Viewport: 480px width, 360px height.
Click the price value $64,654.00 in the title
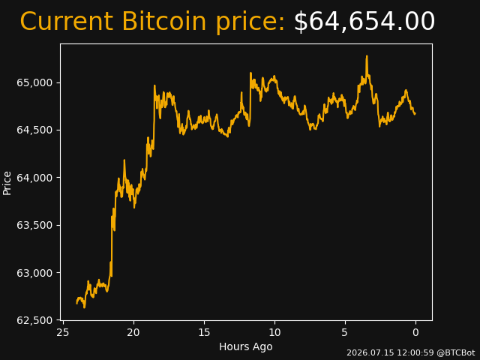[364, 22]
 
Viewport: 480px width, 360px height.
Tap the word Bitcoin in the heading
[164, 21]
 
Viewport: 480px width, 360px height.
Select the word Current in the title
[67, 21]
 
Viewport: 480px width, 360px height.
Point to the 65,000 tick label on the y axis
[34, 83]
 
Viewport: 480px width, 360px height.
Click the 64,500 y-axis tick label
[34, 130]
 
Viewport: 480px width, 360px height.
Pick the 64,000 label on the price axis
[34, 178]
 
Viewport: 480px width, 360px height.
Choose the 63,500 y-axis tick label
[34, 225]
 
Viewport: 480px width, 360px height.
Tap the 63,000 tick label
[34, 273]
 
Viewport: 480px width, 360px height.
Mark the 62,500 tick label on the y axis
[34, 320]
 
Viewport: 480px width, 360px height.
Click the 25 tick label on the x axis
[63, 332]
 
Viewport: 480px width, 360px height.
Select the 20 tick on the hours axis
[133, 332]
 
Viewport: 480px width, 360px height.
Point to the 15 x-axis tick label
[204, 332]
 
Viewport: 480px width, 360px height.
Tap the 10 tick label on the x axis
[274, 332]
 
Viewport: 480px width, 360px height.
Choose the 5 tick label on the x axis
[345, 332]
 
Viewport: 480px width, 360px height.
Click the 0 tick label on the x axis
[415, 332]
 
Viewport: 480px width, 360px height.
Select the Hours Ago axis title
[246, 346]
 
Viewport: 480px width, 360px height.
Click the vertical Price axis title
[7, 183]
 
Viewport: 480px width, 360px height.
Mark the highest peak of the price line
[367, 56]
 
